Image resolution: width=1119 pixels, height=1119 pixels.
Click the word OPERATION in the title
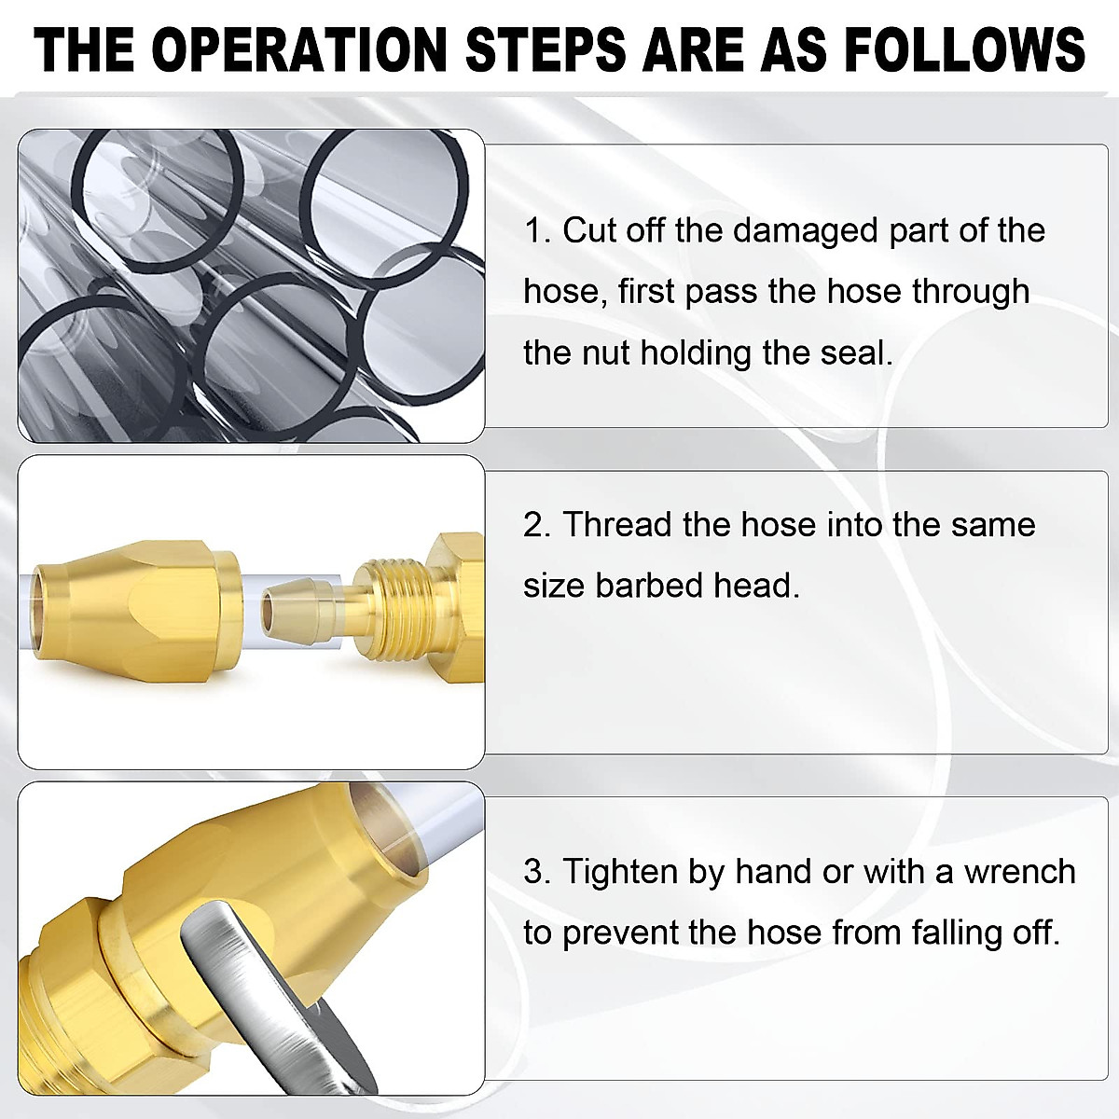point(299,48)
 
